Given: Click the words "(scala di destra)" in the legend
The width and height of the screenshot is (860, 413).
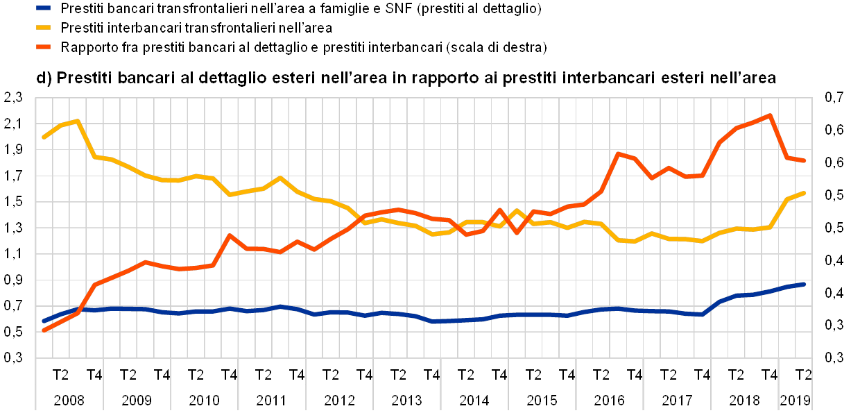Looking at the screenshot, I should pyautogui.click(x=497, y=47).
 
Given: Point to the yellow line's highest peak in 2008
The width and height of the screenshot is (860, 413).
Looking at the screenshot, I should pyautogui.click(x=77, y=121).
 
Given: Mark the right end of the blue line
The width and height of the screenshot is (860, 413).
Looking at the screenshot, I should pyautogui.click(x=805, y=284).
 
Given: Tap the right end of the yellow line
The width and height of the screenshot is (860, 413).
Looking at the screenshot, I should pyautogui.click(x=805, y=192).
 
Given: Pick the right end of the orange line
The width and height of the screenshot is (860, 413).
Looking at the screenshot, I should pyautogui.click(x=805, y=160).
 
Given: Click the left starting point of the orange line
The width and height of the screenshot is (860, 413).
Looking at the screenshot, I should pyautogui.click(x=44, y=330).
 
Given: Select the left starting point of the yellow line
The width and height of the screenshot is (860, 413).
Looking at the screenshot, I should pyautogui.click(x=44, y=137).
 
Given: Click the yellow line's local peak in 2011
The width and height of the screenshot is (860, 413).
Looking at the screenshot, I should pyautogui.click(x=280, y=178).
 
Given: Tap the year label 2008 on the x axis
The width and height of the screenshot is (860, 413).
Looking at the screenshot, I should pyautogui.click(x=69, y=401).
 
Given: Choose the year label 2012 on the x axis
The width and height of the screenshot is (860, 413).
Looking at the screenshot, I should pyautogui.click(x=340, y=401).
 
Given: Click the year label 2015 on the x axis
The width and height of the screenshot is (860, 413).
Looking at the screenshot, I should pyautogui.click(x=543, y=401).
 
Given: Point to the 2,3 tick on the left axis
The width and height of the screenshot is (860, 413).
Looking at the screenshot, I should pyautogui.click(x=12, y=98).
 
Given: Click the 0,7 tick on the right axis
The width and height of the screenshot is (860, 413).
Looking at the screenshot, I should pyautogui.click(x=834, y=98).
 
